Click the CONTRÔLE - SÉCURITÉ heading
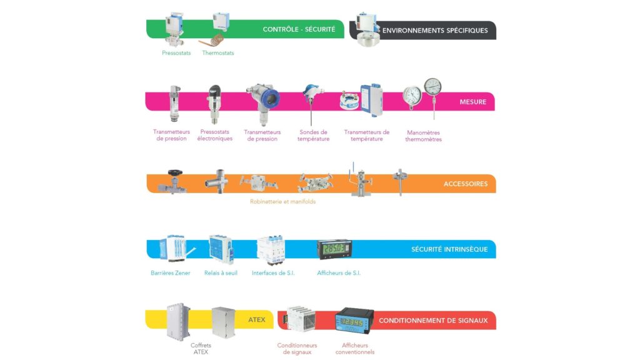pyautogui.click(x=299, y=29)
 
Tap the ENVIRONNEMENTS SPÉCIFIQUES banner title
pyautogui.click(x=434, y=30)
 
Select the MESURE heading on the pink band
pyautogui.click(x=472, y=102)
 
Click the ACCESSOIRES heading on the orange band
pyautogui.click(x=465, y=184)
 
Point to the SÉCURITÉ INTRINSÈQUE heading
pyautogui.click(x=449, y=249)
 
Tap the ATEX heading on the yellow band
pyautogui.click(x=256, y=320)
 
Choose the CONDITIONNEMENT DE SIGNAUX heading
pyautogui.click(x=432, y=321)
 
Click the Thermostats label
pyautogui.click(x=218, y=53)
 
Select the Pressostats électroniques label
pyautogui.click(x=215, y=135)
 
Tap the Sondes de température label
pyautogui.click(x=312, y=135)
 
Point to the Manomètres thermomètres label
pyautogui.click(x=424, y=136)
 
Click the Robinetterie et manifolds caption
pyautogui.click(x=282, y=201)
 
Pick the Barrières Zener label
pyautogui.click(x=171, y=272)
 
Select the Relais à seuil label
pyautogui.click(x=221, y=272)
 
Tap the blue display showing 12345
pyautogui.click(x=354, y=321)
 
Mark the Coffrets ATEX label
pyautogui.click(x=201, y=348)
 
